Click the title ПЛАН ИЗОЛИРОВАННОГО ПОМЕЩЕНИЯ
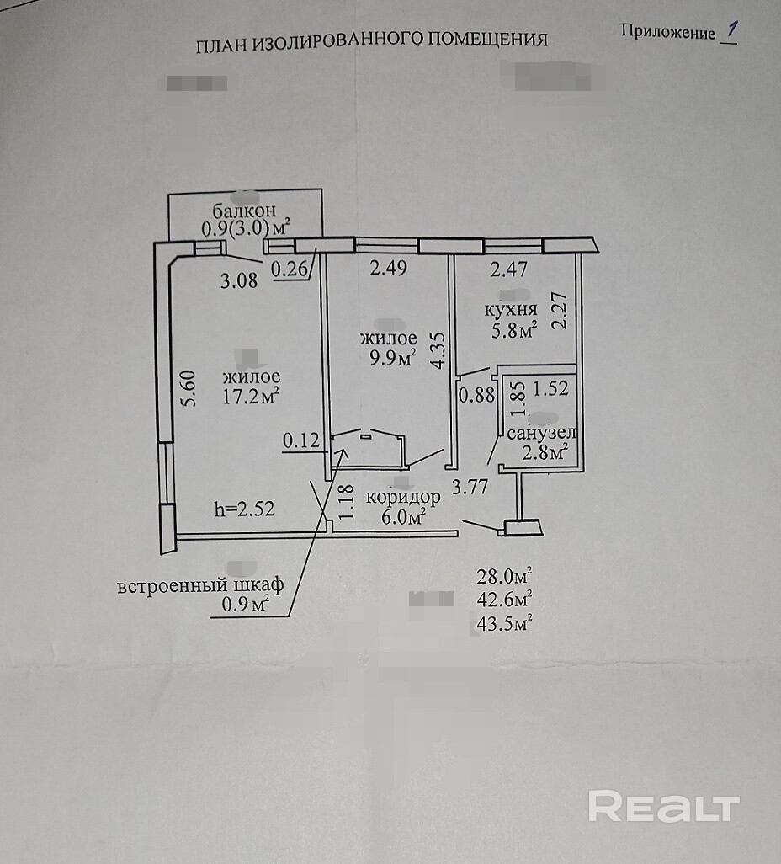371,40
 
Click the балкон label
244,210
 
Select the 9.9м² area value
388,357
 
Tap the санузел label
541,433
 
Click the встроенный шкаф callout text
201,584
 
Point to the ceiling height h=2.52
245,509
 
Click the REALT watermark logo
663,806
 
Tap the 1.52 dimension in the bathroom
550,389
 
